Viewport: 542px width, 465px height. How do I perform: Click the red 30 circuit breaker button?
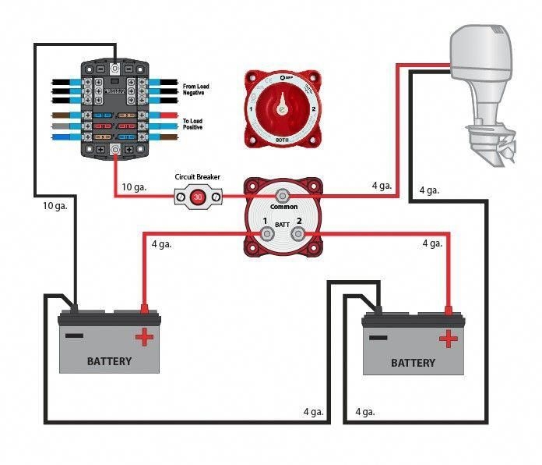click(198, 197)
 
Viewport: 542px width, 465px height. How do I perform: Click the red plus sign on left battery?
click(144, 336)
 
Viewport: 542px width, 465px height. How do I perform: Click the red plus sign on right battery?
click(448, 339)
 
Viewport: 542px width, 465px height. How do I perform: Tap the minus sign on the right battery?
click(378, 338)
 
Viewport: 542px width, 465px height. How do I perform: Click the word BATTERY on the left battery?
click(109, 361)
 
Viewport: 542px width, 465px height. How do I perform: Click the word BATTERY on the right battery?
click(413, 364)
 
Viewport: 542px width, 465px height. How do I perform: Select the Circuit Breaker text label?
click(197, 177)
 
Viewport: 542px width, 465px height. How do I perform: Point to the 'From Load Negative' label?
click(198, 90)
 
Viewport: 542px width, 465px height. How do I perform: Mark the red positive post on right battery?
click(448, 311)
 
